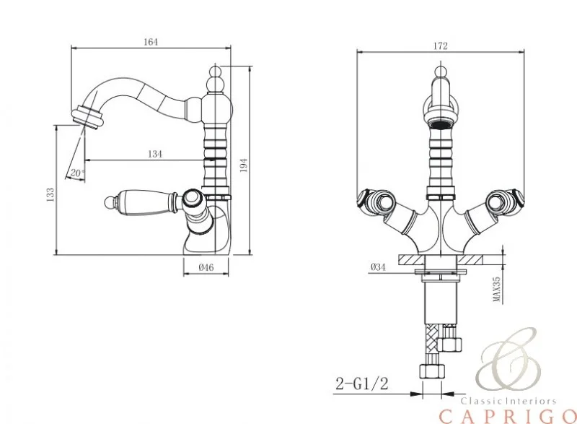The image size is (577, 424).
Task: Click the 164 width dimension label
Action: point(151,42)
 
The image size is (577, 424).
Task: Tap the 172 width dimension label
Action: point(441,46)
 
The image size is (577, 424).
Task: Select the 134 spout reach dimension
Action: point(155,154)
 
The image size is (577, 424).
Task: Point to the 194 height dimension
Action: point(244,165)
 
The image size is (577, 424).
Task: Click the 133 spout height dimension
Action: point(50,194)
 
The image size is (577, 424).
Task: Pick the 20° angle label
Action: point(77,173)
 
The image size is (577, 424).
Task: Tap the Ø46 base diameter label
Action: point(206,267)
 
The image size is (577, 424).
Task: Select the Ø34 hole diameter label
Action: point(378,267)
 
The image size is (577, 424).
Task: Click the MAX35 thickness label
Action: point(497,290)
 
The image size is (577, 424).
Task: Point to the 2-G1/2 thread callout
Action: point(362,384)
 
